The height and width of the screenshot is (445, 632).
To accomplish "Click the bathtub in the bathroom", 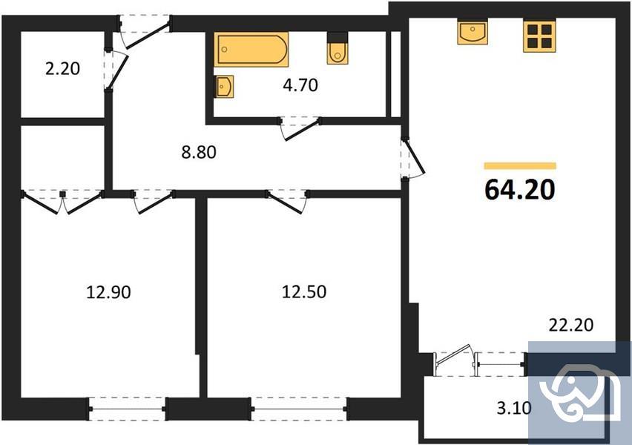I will tap(251, 50).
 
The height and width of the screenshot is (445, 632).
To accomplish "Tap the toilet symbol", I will tap(336, 49).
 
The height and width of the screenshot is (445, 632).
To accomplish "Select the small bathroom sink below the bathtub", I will tap(225, 86).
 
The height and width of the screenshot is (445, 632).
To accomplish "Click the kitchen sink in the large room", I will tap(472, 33).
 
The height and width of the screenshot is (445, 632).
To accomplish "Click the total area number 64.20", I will tap(520, 190).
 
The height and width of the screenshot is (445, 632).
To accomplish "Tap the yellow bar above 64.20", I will tap(520, 165).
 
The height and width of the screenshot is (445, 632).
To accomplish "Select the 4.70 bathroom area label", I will tap(300, 85).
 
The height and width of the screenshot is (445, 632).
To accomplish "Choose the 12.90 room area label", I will tap(108, 292).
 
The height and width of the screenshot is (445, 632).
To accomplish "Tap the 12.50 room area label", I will tap(303, 292).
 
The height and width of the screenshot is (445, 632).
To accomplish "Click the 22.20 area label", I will tap(570, 325).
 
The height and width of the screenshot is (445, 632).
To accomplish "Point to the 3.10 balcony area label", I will tap(514, 406).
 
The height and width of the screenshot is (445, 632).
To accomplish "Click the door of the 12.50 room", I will tap(288, 200).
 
